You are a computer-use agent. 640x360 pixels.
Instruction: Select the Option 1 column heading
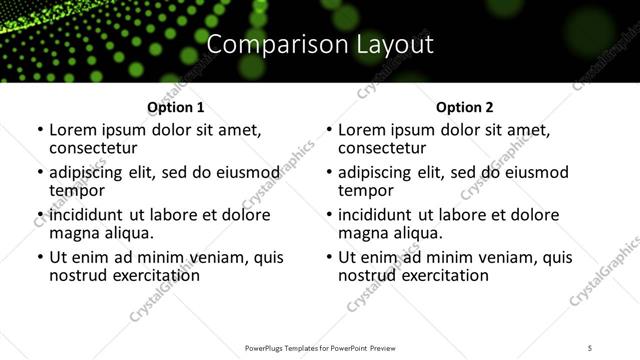coord(175,107)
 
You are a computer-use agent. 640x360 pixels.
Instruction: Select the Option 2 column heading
coord(464,107)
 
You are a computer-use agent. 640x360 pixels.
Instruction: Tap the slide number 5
coord(590,347)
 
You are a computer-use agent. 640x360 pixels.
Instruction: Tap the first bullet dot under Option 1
coord(40,131)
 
